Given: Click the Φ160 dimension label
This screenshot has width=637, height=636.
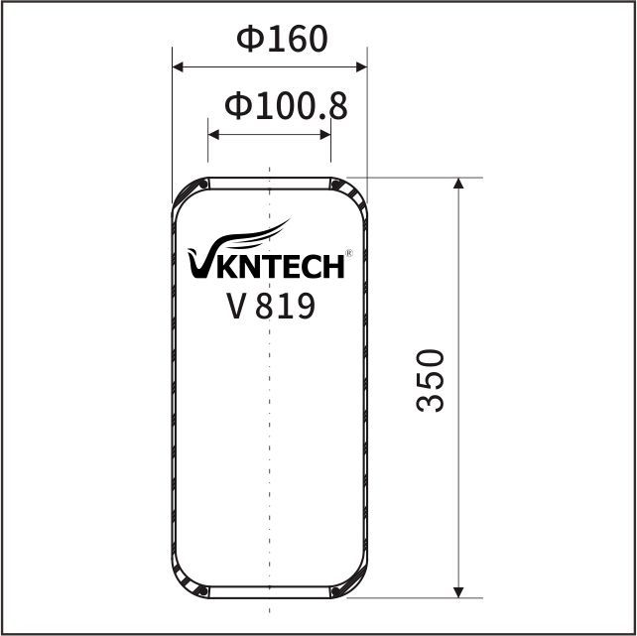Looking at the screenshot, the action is coord(282,39).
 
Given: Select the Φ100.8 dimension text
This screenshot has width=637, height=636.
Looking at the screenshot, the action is coord(286,106).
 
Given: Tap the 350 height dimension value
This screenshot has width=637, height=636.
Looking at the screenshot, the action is coord(431,380).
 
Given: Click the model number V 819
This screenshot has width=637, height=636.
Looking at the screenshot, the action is coord(271,306).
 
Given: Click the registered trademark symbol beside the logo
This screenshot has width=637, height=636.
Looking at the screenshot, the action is coord(348,253).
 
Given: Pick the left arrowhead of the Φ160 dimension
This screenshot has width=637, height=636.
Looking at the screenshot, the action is coord(178,67).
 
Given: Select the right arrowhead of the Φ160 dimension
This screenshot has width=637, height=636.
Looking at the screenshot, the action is coord(361,67).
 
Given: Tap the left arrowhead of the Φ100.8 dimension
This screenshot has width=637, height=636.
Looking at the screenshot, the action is coord(213,135).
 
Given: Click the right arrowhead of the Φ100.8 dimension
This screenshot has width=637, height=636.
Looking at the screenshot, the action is coord(325,135).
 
